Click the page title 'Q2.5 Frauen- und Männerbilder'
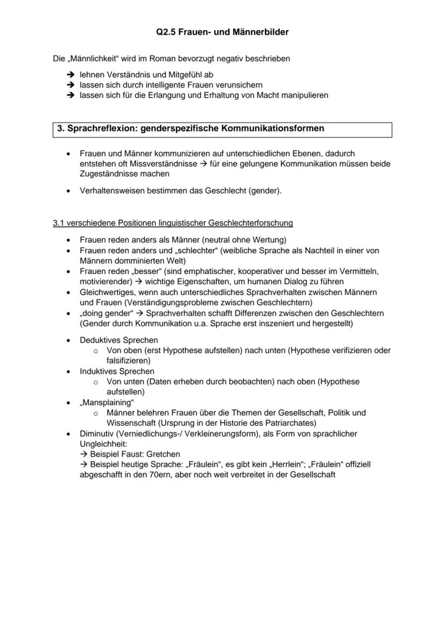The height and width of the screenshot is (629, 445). click(223, 32)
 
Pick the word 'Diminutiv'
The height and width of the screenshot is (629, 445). click(97, 433)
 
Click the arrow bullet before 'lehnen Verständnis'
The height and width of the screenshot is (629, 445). click(70, 75)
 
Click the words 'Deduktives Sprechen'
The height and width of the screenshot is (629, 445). click(119, 340)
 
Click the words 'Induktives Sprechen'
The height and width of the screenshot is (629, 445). click(117, 371)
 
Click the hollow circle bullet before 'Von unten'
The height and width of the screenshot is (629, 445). click(96, 382)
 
